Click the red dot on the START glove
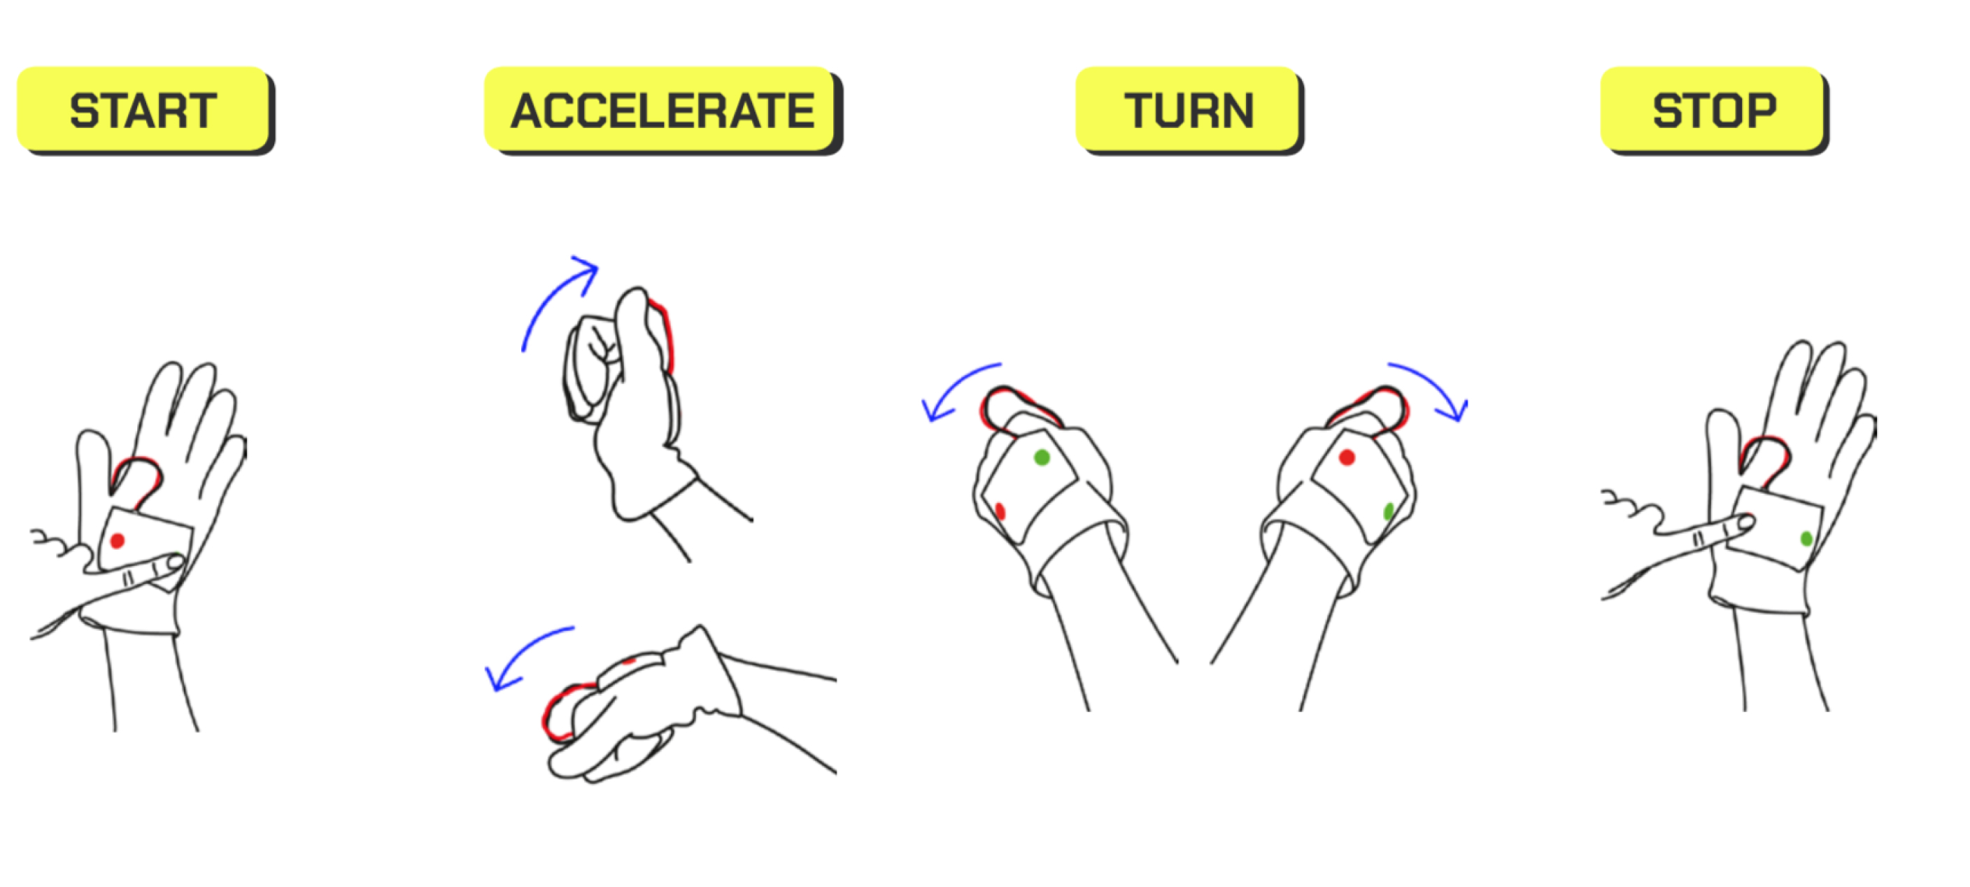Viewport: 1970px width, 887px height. [117, 541]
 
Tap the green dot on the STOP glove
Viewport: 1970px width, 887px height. [1806, 539]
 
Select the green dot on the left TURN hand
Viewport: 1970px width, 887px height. [1042, 457]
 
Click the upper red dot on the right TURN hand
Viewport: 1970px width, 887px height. [1347, 457]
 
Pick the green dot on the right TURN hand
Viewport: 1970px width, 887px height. [1389, 511]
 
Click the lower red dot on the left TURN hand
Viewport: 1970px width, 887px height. [1000, 511]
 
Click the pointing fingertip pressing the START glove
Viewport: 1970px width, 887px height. [175, 565]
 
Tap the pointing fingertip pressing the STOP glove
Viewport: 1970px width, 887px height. [1746, 523]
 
